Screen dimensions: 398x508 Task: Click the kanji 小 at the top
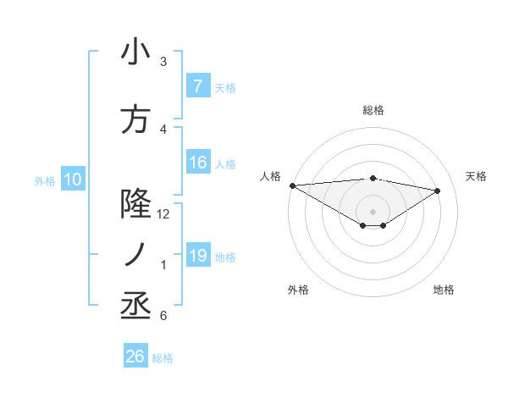[135, 53]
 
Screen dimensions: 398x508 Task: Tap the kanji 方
[135, 119]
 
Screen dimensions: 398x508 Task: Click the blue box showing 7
[197, 86]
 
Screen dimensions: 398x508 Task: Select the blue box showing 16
[197, 163]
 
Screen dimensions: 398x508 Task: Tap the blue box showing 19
[197, 256]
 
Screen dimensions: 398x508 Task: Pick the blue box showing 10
[72, 180]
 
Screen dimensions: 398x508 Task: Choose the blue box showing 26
[135, 357]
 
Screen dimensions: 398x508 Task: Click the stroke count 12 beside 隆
[163, 214]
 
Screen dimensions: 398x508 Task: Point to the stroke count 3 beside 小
[163, 62]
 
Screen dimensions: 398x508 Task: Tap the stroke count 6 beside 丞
[163, 316]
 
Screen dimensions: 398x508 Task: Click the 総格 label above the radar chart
[373, 110]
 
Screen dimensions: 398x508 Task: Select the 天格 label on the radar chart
[477, 176]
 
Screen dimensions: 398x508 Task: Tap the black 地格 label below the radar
[444, 290]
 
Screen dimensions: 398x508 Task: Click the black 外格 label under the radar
[298, 290]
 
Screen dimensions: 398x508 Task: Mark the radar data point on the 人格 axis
[292, 185]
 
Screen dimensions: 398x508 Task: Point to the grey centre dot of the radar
[373, 210]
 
